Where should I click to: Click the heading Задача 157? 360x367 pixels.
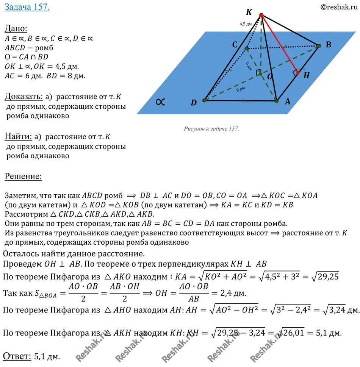tap(27, 8)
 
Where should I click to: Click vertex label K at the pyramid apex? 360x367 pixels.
tap(249, 12)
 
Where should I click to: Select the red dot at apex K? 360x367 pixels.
tap(261, 15)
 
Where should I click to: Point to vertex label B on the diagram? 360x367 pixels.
tap(329, 45)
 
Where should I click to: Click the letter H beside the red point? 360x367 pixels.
tap(306, 75)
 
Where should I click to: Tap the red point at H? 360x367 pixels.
tap(297, 72)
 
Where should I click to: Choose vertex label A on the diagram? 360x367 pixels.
tap(287, 102)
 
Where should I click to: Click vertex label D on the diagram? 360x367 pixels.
tap(194, 103)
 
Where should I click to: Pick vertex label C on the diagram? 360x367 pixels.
tap(235, 45)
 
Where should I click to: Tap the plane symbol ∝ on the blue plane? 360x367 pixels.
tap(160, 102)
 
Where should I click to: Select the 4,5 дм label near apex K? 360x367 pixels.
tap(246, 24)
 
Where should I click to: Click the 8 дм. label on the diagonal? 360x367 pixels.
tap(241, 89)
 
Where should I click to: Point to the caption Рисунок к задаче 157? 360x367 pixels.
tap(211, 129)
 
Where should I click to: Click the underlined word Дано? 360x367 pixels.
tap(16, 28)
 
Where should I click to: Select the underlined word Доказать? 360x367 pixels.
tap(21, 96)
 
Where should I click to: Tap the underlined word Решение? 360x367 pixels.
tap(23, 176)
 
